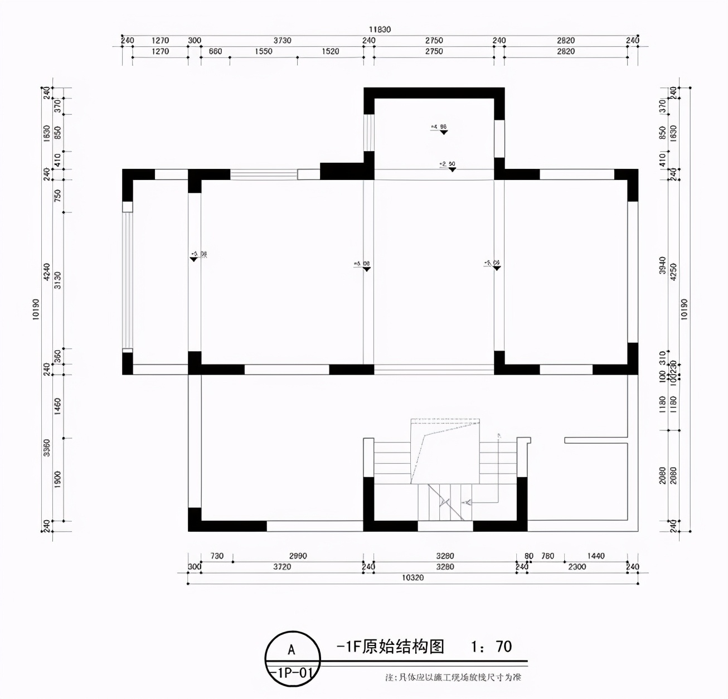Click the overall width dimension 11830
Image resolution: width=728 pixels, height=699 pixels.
pos(379,30)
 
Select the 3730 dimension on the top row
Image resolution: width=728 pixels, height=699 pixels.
pos(282,41)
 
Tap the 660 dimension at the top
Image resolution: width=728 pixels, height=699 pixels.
pos(215,51)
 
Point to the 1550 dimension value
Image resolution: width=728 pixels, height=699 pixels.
pos(264,51)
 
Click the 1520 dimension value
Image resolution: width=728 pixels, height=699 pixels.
pos(330,51)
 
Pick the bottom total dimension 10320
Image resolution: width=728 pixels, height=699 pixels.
pos(412,577)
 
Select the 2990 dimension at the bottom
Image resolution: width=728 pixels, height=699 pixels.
pos(298,556)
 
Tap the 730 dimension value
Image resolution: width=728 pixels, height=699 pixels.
pos(216,556)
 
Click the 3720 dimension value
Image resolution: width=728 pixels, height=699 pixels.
pos(282,567)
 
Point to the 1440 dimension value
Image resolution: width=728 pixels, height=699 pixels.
pos(595,556)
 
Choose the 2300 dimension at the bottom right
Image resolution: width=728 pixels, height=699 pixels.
pos(576,567)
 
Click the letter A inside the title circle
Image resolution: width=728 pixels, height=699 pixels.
pos(291,650)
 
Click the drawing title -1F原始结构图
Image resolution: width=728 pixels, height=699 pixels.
pos(390,647)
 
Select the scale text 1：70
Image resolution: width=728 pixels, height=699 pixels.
pos(491,647)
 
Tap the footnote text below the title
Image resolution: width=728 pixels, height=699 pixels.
pos(453,678)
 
